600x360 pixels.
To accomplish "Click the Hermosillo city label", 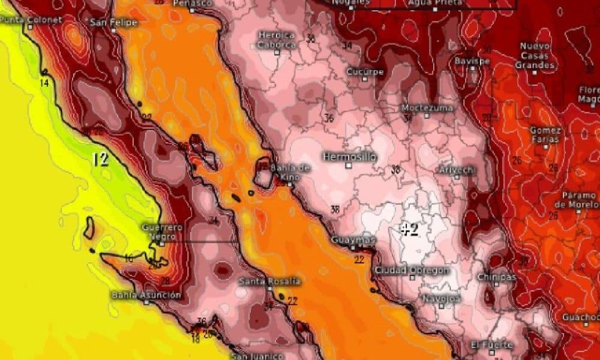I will point(350,157).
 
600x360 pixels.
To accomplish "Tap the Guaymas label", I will point(354,240).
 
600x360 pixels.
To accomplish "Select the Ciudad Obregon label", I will point(412,271).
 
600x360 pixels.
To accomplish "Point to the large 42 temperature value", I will point(410,229).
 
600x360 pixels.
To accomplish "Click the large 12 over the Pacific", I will point(101,160).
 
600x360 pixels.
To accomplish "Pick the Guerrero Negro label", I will point(162,232).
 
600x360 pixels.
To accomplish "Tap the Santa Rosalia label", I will point(269,281).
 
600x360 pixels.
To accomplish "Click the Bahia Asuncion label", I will point(146,295).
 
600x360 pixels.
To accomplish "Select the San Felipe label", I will point(113,23).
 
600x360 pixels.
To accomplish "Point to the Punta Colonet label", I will point(31,19).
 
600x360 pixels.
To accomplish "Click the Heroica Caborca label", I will point(277,40).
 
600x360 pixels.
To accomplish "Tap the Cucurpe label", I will point(365,72).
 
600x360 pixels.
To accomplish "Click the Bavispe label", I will point(472,61).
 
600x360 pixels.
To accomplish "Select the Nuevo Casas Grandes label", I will point(535,55).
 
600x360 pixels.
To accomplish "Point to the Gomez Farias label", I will point(545,134).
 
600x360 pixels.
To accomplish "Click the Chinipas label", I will point(496,277).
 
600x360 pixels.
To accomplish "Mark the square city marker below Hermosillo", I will point(347,166).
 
